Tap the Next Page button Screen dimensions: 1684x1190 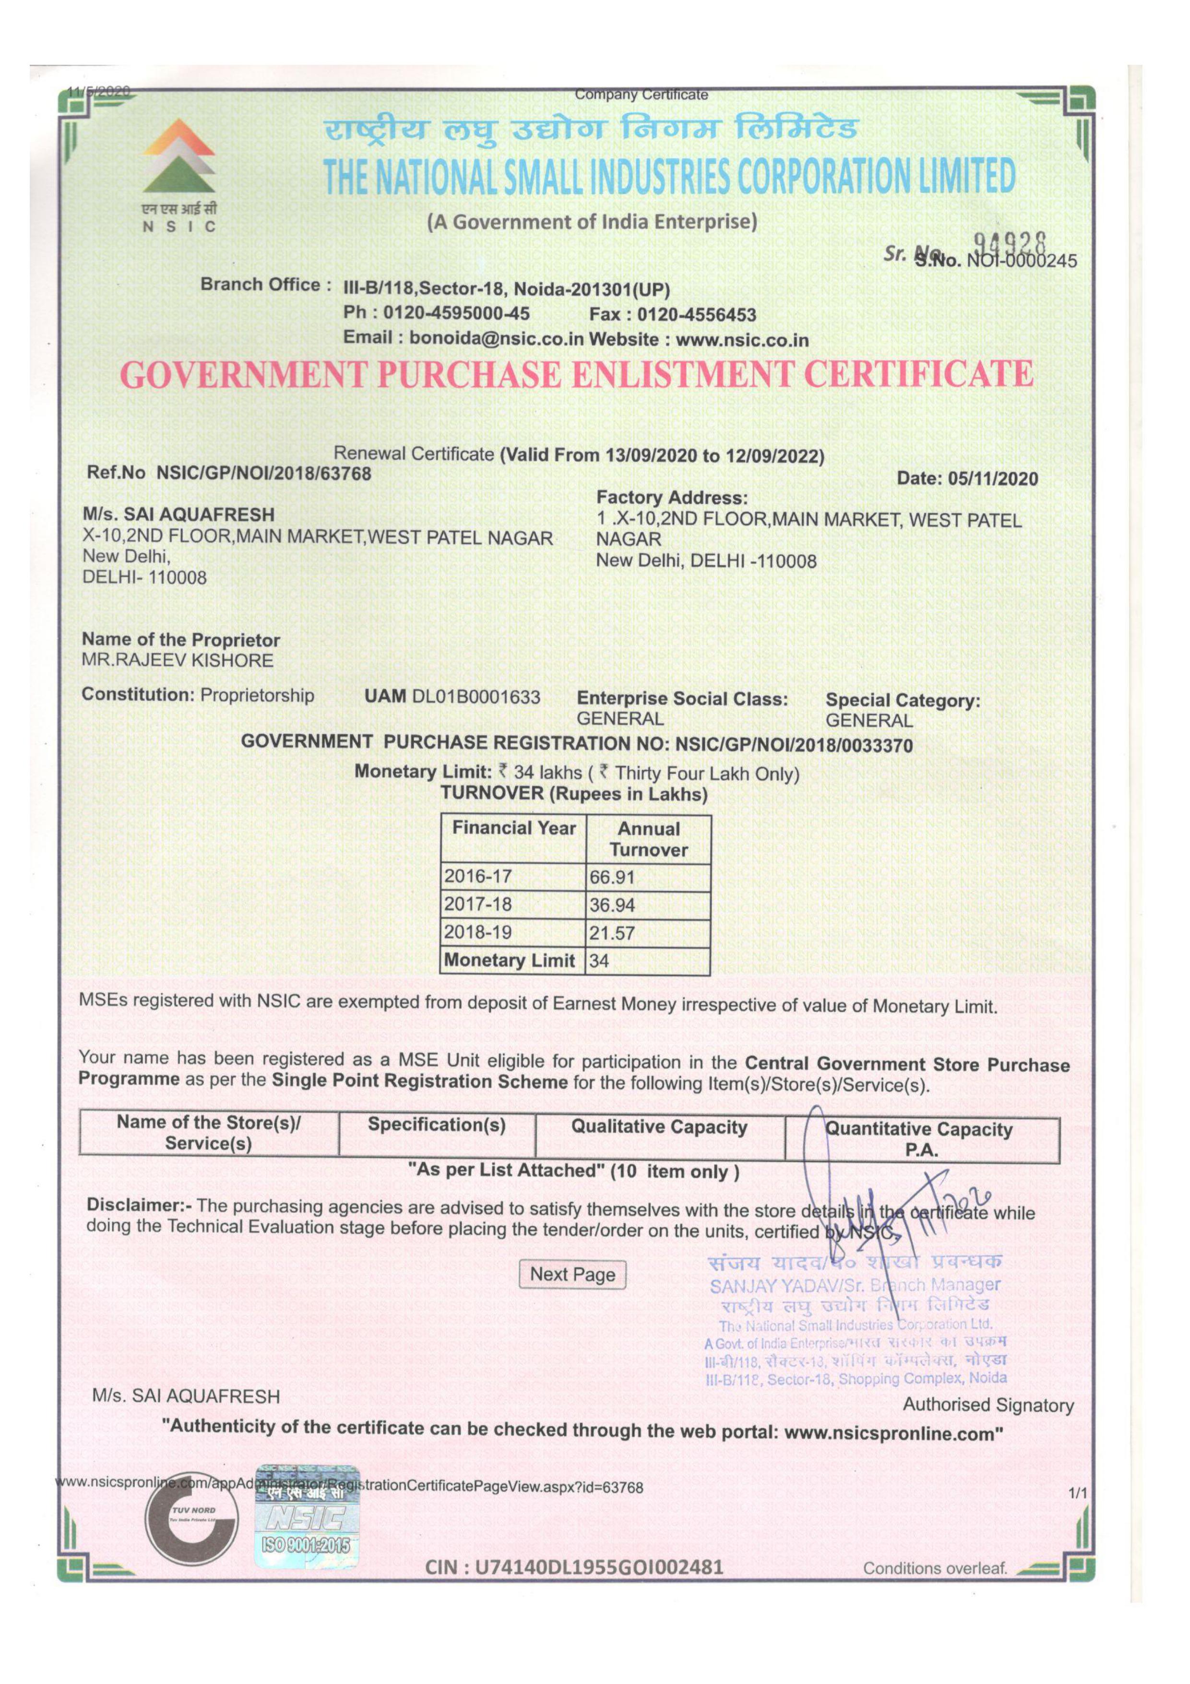[572, 1274]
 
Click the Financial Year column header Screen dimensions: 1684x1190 [513, 829]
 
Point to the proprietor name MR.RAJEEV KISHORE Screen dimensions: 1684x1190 [178, 660]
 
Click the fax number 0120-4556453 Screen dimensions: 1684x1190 [695, 315]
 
